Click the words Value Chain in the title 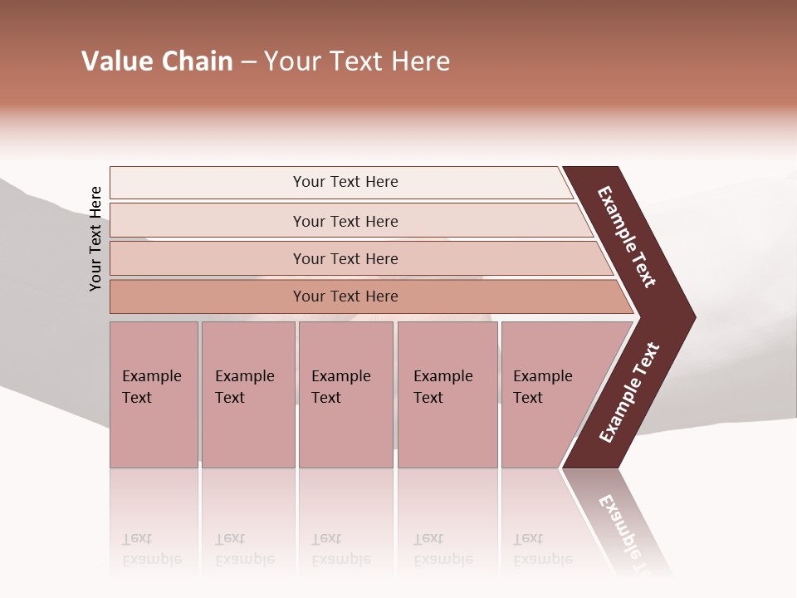(157, 61)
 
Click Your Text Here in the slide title (357, 61)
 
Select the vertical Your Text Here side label (95, 238)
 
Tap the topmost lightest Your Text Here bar (345, 182)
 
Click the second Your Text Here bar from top (345, 221)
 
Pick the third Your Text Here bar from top (345, 258)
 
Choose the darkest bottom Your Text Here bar (345, 297)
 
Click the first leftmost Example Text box (154, 395)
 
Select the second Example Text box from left (247, 395)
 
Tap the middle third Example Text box (345, 395)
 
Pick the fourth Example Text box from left (447, 395)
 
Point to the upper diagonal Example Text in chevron (627, 237)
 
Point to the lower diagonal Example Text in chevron (629, 393)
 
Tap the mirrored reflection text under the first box (152, 549)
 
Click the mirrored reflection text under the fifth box (542, 549)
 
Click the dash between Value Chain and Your (248, 62)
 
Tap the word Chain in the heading (197, 61)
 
